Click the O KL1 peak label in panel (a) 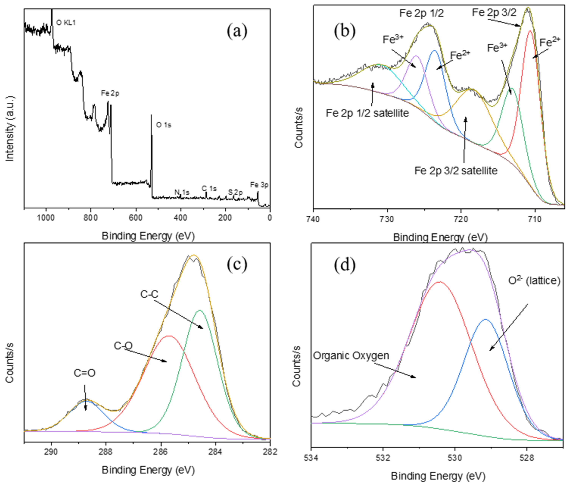click(66, 23)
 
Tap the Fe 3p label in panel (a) click(259, 185)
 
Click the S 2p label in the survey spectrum click(235, 192)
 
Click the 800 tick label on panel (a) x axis click(91, 218)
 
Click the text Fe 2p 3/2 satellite click(456, 171)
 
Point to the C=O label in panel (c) click(85, 373)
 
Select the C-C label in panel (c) click(149, 294)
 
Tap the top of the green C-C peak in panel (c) click(200, 310)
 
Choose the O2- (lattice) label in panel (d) click(534, 281)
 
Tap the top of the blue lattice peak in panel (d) click(486, 319)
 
